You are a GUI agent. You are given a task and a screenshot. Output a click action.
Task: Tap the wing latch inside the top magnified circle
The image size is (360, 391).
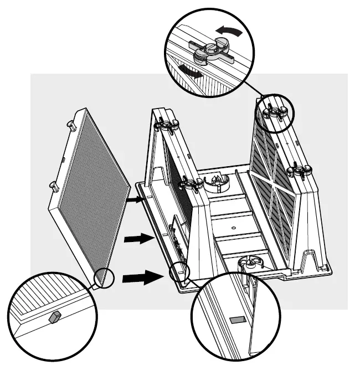coord(212,53)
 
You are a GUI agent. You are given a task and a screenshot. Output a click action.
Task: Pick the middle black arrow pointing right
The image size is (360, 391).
coord(138,239)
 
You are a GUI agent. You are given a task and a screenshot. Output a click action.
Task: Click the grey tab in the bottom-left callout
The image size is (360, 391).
coord(54,317)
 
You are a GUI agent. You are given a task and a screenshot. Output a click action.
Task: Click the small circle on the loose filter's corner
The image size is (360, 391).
coord(103,277)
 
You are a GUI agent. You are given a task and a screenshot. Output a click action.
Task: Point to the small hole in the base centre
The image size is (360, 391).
coord(233,227)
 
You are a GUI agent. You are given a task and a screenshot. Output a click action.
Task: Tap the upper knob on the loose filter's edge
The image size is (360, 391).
coord(72,126)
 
